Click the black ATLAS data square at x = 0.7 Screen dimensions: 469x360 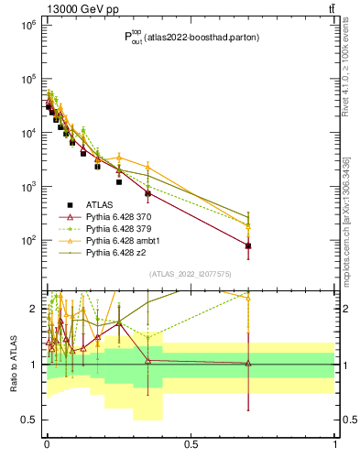click(x=248, y=246)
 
